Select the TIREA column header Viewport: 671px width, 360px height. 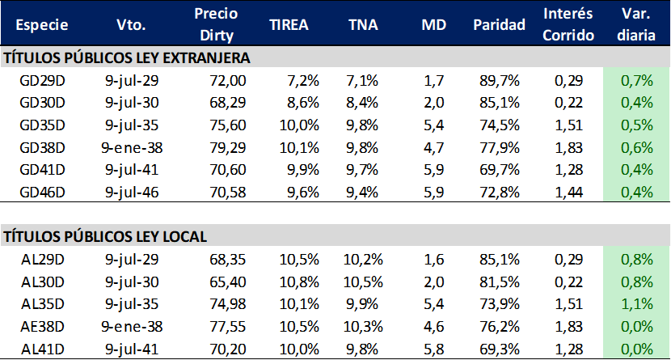(x=289, y=24)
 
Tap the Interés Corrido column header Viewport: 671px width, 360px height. (x=568, y=24)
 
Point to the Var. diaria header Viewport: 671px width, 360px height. (x=636, y=24)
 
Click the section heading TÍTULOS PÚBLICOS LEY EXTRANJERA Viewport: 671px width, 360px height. (x=128, y=58)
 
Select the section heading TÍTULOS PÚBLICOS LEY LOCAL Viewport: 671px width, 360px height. (x=105, y=236)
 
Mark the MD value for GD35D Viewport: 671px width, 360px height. (x=433, y=125)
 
